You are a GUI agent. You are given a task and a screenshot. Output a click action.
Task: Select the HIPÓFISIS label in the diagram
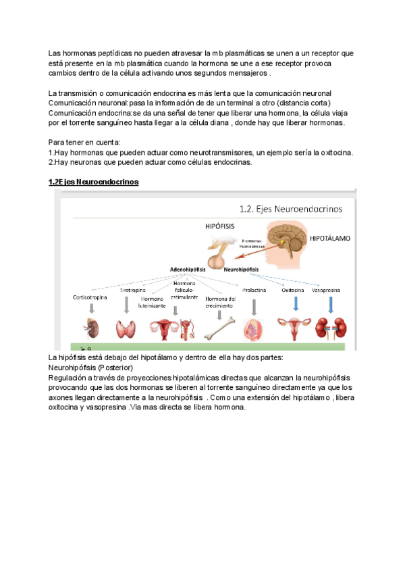(x=219, y=228)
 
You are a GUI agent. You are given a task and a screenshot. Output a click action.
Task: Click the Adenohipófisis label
(x=192, y=269)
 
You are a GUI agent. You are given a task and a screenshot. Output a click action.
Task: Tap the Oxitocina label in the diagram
(x=293, y=290)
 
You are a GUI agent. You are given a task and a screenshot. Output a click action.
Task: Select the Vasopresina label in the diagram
(x=331, y=290)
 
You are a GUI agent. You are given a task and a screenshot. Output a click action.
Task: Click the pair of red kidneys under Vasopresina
(x=333, y=328)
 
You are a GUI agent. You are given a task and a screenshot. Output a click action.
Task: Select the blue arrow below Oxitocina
(x=294, y=304)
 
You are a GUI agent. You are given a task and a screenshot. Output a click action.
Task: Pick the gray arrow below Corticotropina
(x=89, y=309)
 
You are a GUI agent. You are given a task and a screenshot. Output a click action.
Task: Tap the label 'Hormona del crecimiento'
(x=220, y=302)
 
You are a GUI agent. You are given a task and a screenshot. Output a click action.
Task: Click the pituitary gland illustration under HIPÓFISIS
(x=218, y=253)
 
